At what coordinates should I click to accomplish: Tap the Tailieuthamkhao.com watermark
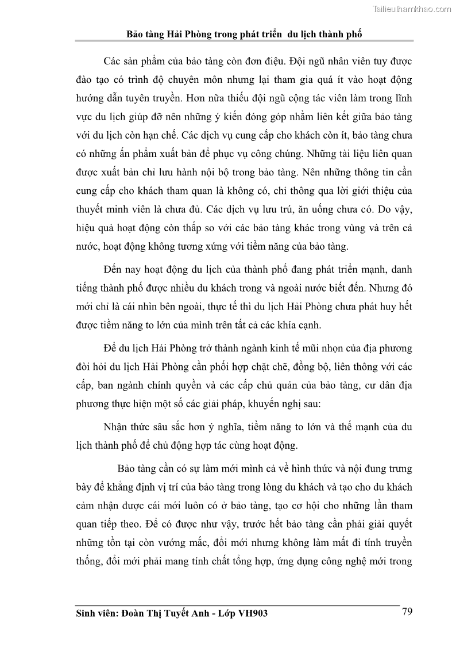coord(412,9)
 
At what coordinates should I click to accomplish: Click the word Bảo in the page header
coord(137,34)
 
